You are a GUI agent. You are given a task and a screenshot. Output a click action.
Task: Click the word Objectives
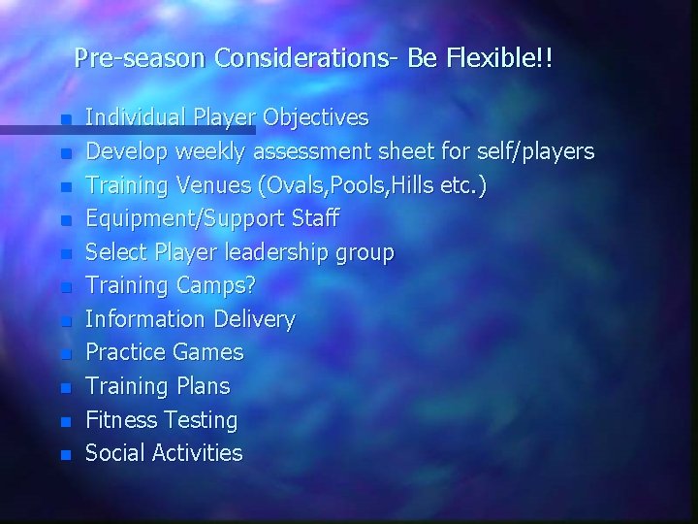(316, 118)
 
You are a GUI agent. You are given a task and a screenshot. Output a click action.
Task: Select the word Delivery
(254, 319)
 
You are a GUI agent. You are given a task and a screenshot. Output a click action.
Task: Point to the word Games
(208, 352)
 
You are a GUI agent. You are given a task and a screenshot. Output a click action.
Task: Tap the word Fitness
(121, 420)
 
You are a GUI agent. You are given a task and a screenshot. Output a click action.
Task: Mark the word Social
(115, 453)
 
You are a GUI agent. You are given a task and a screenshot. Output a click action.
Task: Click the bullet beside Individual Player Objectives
(65, 120)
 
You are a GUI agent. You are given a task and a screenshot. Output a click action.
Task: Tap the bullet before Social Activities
(65, 455)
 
